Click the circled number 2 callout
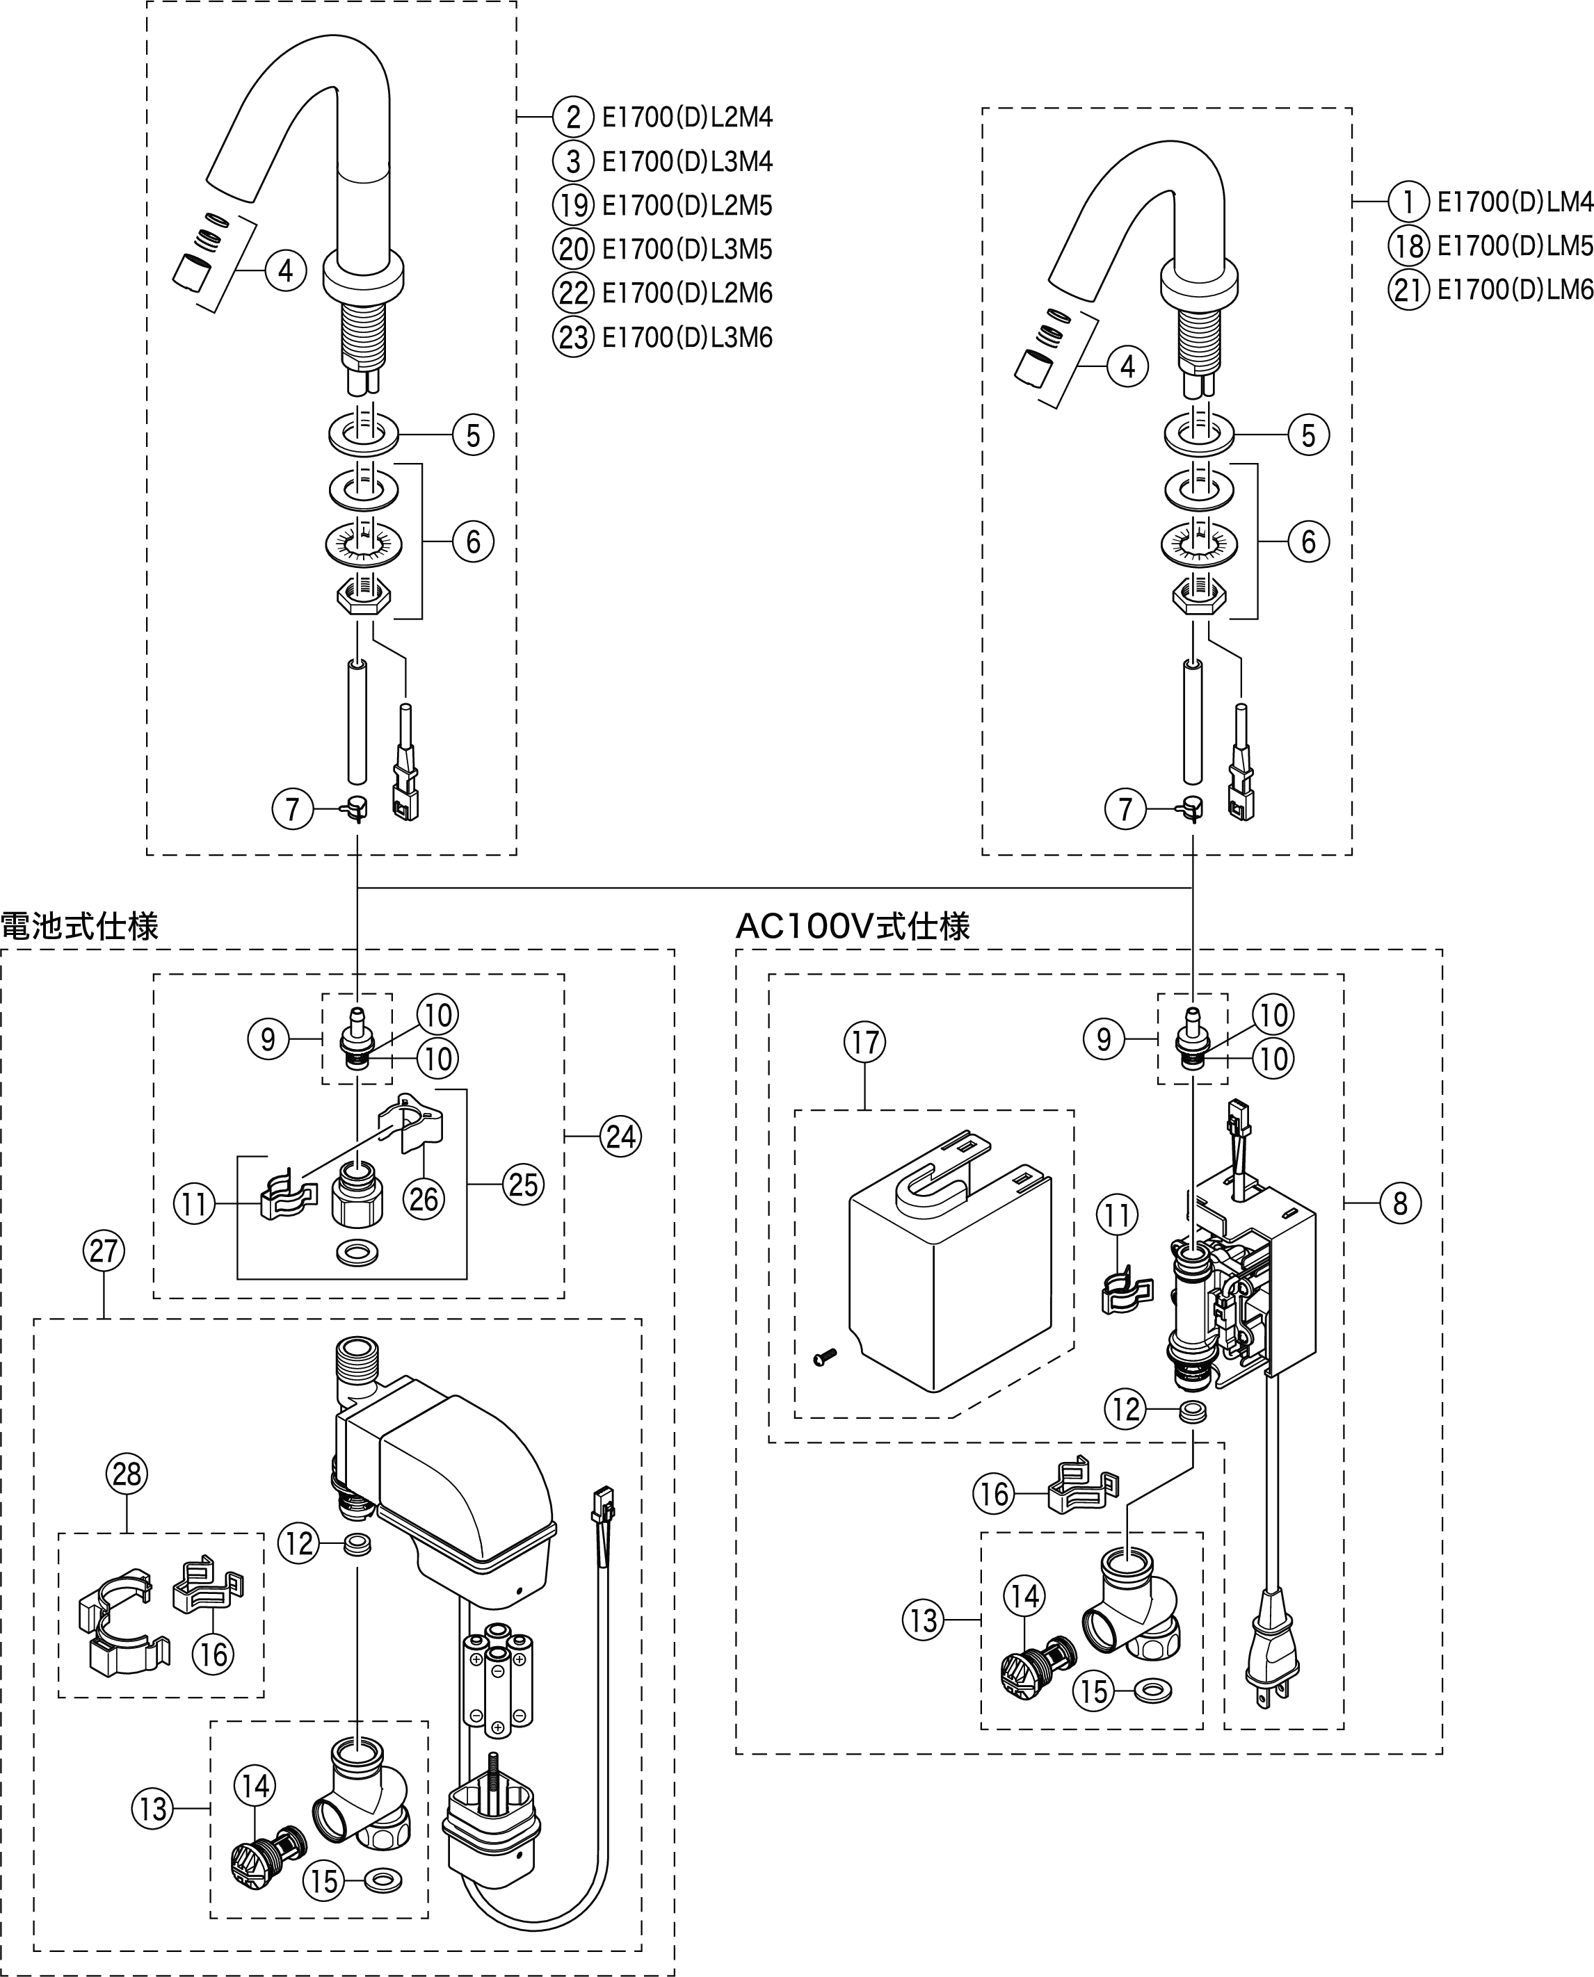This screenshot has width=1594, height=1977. [573, 117]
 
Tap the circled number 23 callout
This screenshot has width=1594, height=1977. [573, 337]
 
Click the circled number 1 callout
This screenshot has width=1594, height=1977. [1408, 201]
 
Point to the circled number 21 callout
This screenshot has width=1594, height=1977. [1408, 289]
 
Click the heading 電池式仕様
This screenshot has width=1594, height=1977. [80, 925]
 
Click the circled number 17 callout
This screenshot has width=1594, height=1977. [865, 1042]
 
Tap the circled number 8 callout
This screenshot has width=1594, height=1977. [1399, 1203]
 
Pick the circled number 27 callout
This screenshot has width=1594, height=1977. [104, 1250]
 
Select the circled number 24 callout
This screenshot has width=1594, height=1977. [621, 1137]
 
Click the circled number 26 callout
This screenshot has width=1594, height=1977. [424, 1198]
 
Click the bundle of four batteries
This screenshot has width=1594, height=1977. [497, 1679]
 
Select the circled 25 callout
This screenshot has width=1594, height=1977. [522, 1184]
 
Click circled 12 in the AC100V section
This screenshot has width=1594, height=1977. [1127, 1409]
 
